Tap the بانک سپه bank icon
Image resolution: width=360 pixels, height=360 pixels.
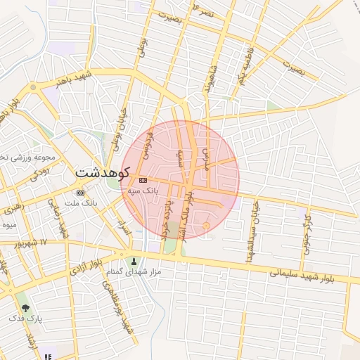click(143, 181)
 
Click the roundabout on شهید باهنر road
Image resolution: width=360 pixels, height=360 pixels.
click(32, 88)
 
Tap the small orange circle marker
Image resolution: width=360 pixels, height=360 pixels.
click(206, 226)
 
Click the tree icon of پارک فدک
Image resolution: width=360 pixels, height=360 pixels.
click(26, 307)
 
